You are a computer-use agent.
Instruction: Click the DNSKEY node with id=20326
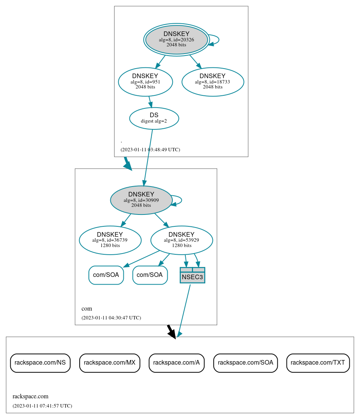(x=176, y=39)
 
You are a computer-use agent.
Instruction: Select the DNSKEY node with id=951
(x=145, y=82)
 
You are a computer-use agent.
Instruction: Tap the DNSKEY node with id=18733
(x=213, y=82)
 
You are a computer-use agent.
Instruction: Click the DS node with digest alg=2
(x=154, y=118)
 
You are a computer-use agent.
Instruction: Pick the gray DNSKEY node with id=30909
(x=141, y=200)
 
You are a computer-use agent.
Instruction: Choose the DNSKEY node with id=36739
(x=110, y=240)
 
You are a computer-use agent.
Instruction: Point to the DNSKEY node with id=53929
(x=182, y=240)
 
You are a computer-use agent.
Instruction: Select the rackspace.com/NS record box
(x=40, y=363)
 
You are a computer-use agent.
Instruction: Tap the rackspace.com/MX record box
(x=110, y=363)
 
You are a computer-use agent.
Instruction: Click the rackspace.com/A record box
(x=177, y=363)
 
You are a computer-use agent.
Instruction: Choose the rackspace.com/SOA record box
(x=245, y=363)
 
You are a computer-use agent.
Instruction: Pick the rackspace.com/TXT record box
(x=318, y=363)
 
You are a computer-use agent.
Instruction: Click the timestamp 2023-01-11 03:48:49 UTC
(x=150, y=150)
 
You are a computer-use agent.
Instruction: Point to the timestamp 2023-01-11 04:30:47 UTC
(x=111, y=318)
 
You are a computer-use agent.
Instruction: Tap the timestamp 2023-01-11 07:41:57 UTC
(x=42, y=406)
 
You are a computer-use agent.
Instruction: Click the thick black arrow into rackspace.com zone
(x=171, y=331)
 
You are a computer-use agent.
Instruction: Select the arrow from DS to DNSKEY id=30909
(x=148, y=157)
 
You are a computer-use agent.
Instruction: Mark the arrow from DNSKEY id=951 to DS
(x=150, y=102)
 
